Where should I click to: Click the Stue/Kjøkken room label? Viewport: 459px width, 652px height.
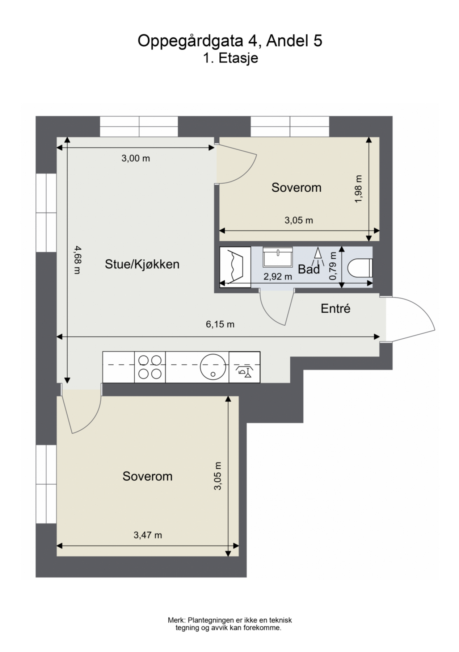[x=142, y=264]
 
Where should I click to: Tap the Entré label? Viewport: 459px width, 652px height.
[x=335, y=309]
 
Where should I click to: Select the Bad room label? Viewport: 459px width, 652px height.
[x=309, y=269]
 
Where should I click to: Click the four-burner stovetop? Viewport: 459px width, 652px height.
[x=150, y=367]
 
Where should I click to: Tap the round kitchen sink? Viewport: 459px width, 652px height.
[x=214, y=367]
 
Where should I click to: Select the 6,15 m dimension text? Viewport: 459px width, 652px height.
[x=220, y=324]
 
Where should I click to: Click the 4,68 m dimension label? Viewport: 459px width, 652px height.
[x=77, y=260]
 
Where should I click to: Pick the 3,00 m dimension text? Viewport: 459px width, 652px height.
[x=135, y=158]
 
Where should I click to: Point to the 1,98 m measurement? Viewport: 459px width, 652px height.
[x=358, y=189]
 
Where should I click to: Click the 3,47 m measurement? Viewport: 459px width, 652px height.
[x=148, y=535]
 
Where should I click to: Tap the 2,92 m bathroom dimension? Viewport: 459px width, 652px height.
[x=278, y=277]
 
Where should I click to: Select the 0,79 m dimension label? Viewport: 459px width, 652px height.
[x=333, y=267]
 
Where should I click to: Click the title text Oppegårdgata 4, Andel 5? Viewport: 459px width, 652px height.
[x=230, y=41]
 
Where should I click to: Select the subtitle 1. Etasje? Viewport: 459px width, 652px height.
[x=230, y=58]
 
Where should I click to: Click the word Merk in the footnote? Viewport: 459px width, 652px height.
[x=176, y=620]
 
